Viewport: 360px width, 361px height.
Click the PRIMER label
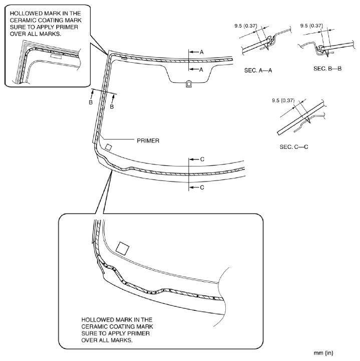148,141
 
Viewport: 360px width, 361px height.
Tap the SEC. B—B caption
327,67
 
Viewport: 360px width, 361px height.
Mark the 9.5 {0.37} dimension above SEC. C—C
282,100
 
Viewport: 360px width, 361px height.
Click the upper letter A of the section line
202,52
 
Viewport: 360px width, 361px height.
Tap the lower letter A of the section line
202,70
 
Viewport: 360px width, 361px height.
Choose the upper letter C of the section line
202,159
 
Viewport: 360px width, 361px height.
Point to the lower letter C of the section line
202,188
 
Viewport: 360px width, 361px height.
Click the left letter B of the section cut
91,102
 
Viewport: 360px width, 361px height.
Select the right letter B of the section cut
112,107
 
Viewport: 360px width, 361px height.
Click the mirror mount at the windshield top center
188,84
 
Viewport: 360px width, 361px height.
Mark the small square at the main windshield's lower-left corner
108,147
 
